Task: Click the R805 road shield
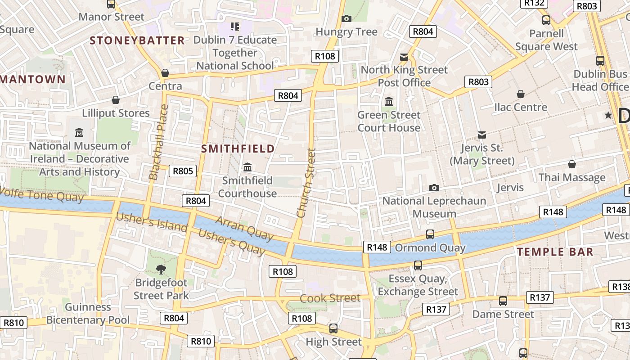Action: point(183,171)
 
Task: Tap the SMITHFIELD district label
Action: point(238,148)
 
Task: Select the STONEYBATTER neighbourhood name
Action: point(137,40)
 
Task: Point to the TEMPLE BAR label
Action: point(555,252)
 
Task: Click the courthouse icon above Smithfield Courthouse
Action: point(247,167)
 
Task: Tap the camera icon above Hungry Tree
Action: point(346,18)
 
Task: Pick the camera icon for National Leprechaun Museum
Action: point(434,188)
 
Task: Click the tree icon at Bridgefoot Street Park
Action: point(161,270)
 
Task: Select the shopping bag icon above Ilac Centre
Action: point(521,94)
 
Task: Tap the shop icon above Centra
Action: point(165,73)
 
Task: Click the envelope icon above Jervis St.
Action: point(482,135)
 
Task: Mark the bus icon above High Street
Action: point(333,328)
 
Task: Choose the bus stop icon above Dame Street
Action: point(503,301)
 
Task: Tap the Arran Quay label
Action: point(244,228)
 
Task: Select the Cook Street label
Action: point(330,298)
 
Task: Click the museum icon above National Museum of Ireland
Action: point(79,133)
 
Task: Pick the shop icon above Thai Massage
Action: point(571,164)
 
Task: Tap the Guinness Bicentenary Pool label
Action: point(88,314)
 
